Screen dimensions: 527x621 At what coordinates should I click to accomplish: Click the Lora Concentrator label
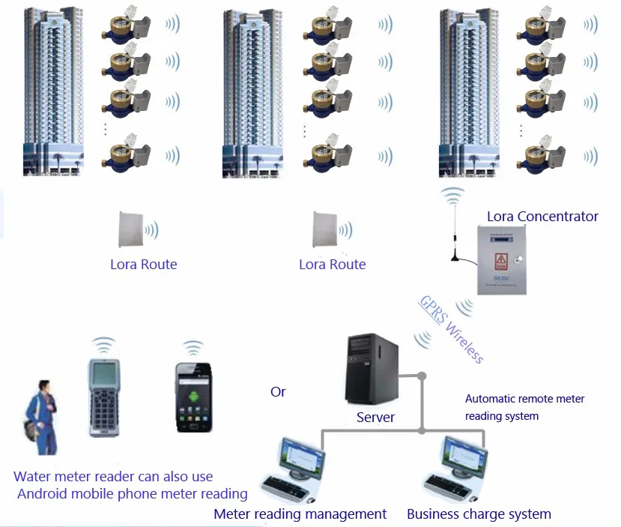coord(542,217)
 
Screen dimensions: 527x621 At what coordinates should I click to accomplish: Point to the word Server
coord(375,417)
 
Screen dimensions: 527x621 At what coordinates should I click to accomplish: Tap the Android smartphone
coord(193,395)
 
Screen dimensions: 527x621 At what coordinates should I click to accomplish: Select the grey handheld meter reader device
coord(103,397)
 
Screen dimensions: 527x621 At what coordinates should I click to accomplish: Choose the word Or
coord(278,392)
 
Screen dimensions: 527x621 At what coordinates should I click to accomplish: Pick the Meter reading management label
coord(300,514)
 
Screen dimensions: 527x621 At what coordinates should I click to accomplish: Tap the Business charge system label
coord(479,514)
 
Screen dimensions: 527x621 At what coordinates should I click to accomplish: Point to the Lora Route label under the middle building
coord(332,265)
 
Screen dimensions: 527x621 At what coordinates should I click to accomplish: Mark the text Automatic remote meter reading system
coord(524,407)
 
